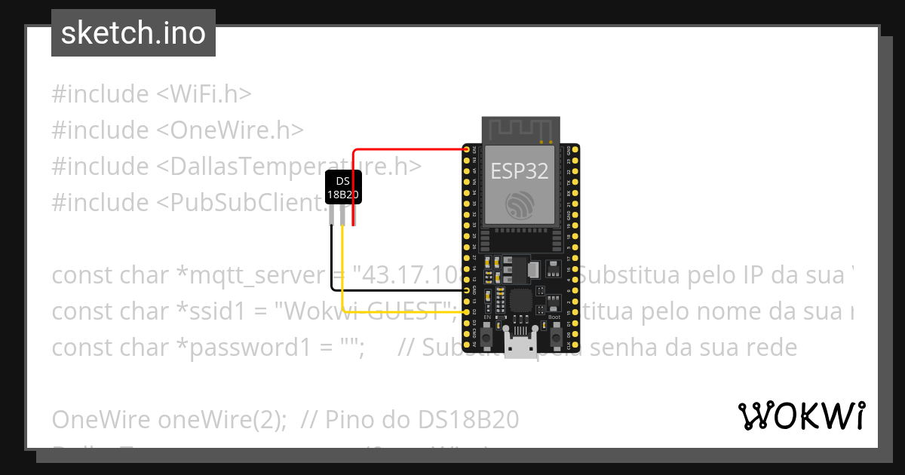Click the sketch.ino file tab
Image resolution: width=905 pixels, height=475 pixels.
[x=133, y=33]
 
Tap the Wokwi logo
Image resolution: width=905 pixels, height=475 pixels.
[x=801, y=415]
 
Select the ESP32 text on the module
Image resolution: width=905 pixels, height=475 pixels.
[x=520, y=170]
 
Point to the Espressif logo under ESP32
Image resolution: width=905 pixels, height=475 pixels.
[x=520, y=206]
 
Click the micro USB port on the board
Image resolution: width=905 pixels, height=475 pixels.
[x=520, y=348]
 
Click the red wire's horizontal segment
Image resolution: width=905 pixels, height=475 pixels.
[x=407, y=149]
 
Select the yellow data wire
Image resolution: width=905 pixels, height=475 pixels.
[x=400, y=311]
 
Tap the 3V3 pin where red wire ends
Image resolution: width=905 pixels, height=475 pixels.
[x=468, y=150]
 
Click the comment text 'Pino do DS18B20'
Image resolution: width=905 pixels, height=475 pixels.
[x=422, y=420]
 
